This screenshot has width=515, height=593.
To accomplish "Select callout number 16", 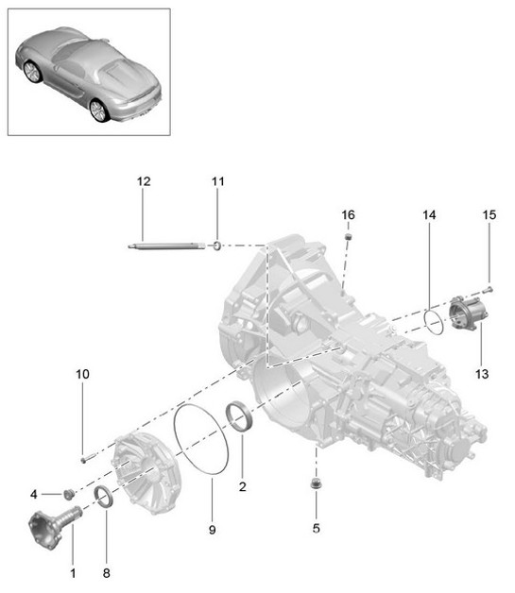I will [x=348, y=215].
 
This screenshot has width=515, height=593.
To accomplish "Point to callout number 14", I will [x=429, y=216].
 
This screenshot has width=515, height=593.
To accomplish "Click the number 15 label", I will [x=489, y=216].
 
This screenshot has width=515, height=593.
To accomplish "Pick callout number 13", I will [x=481, y=374].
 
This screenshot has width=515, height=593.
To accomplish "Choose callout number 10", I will [x=82, y=375].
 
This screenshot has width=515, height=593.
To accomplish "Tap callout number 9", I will [x=212, y=531].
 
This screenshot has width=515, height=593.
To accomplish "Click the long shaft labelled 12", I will [x=165, y=247].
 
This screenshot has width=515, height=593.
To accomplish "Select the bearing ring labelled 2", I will [x=241, y=416].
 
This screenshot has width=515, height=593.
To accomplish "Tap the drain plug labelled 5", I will [x=316, y=484].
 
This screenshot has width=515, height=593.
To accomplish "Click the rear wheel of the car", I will [x=97, y=111].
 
